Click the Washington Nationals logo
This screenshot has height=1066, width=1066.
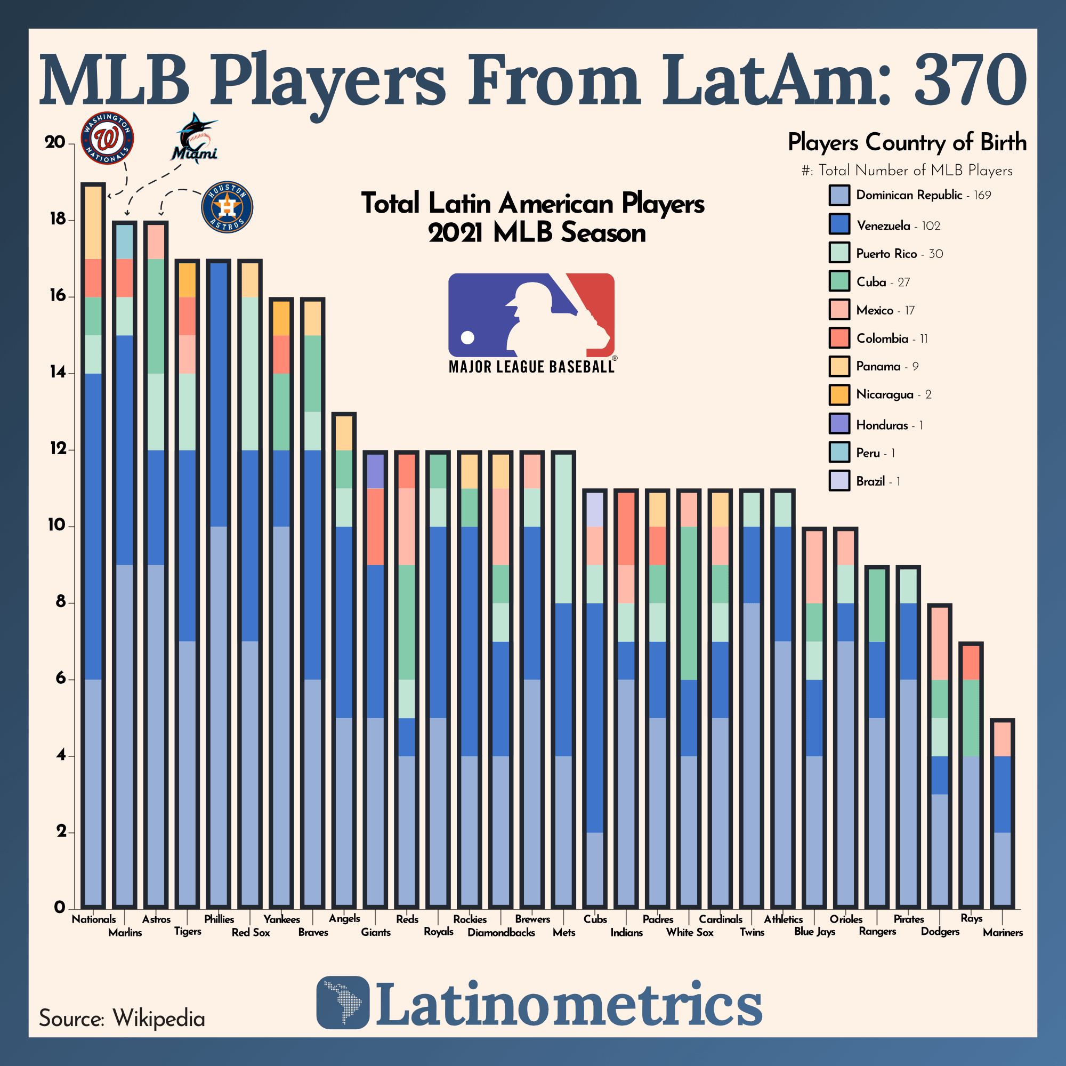tap(107, 138)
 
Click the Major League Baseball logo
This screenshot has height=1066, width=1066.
tap(531, 323)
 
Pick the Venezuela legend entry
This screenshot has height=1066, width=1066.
tap(883, 225)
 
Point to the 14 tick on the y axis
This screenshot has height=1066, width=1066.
tap(58, 373)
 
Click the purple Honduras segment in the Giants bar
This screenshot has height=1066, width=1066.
tap(376, 471)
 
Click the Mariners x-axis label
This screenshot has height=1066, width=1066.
tap(1003, 932)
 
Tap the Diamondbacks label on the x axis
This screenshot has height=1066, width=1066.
tap(501, 932)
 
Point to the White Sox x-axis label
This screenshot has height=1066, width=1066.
tap(689, 932)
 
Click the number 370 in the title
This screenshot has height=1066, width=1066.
tap(970, 80)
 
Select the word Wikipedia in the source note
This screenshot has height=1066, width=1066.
tap(159, 1018)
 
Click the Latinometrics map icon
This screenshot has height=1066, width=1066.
tap(343, 1003)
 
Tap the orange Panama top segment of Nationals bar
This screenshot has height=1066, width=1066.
tap(93, 223)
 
